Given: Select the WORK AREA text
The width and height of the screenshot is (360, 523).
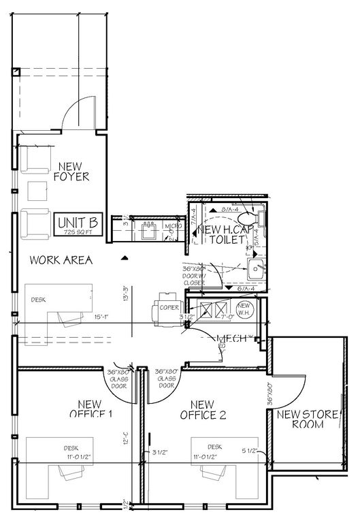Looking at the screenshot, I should pos(61,260).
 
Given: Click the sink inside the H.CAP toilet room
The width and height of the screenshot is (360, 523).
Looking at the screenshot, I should pos(257,268).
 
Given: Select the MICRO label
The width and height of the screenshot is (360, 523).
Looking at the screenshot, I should pos(172,226).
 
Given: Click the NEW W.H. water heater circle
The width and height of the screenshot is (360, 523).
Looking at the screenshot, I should pos(245,308).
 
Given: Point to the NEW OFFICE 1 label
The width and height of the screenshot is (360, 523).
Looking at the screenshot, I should pos(95,408).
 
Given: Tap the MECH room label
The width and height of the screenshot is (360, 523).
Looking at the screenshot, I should pos(230,338).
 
